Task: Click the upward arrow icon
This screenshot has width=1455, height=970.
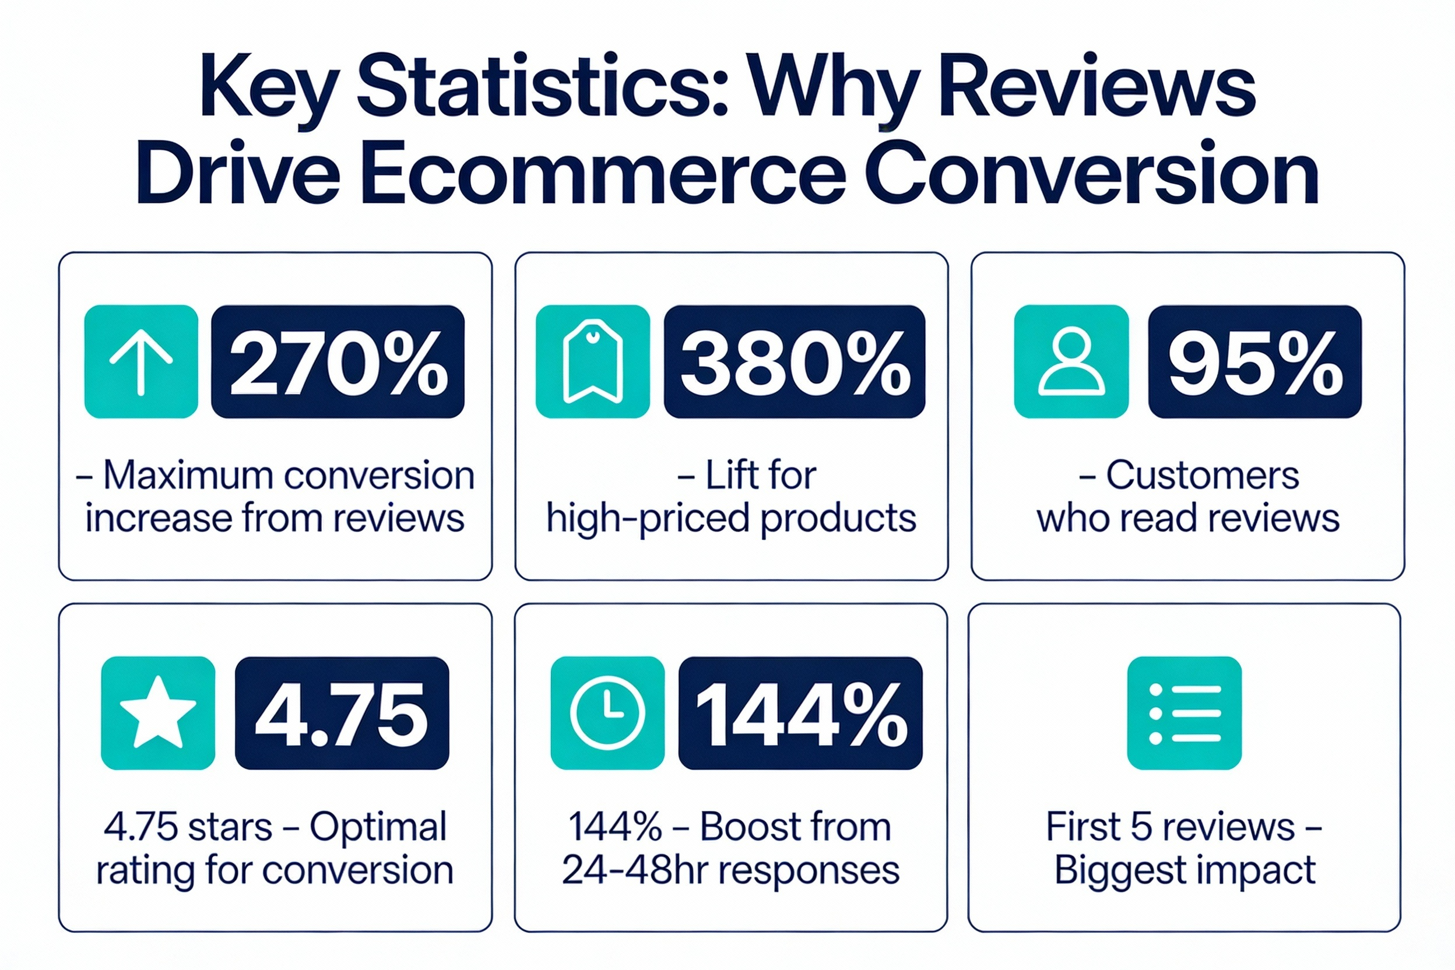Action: click(141, 362)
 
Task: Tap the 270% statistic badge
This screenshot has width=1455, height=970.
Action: click(338, 362)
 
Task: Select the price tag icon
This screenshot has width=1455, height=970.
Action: click(593, 362)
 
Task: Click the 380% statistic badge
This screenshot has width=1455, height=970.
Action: click(795, 362)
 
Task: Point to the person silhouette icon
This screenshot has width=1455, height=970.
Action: click(1071, 362)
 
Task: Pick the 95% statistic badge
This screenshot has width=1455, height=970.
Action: click(1254, 362)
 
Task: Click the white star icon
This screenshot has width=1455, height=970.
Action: click(158, 714)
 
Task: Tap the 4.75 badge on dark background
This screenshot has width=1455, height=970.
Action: click(342, 714)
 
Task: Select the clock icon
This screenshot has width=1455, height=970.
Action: click(607, 714)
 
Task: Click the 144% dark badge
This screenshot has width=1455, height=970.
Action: click(800, 714)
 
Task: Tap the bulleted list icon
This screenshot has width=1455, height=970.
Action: click(1184, 714)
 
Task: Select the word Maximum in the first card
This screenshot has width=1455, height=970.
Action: click(188, 476)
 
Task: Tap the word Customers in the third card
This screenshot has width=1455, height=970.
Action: click(1203, 476)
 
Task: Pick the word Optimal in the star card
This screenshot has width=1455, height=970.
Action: click(378, 827)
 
